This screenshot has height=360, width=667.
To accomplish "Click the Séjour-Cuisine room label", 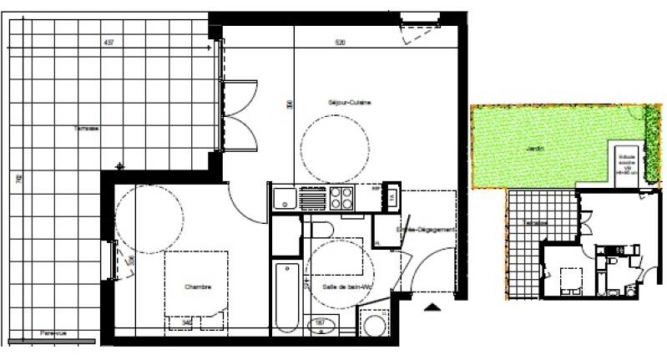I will (x=349, y=102).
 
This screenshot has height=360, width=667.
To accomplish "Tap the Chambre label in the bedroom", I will (x=198, y=286).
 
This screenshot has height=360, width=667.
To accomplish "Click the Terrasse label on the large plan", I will (x=85, y=129).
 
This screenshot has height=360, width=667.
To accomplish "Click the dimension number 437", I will (x=108, y=41).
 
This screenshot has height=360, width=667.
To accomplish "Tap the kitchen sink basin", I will (x=283, y=199).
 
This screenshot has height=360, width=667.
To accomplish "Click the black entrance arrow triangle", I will (x=432, y=308).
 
